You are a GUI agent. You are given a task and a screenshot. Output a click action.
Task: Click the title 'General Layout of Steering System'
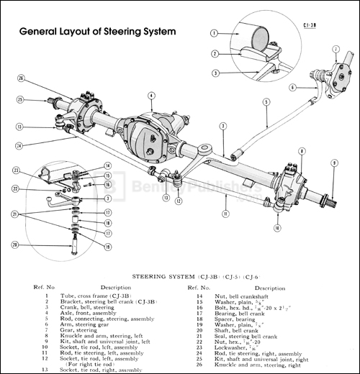(x=98, y=32)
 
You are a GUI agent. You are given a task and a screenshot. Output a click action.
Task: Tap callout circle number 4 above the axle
(x=151, y=96)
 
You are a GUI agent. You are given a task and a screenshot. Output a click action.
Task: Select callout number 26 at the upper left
(x=20, y=78)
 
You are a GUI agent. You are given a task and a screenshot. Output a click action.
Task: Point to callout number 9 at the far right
(x=334, y=164)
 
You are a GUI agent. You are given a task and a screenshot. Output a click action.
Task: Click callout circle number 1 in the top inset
(x=214, y=33)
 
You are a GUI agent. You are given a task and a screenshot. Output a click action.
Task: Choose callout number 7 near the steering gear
(x=336, y=49)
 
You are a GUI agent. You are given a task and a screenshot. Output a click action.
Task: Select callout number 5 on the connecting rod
(x=266, y=101)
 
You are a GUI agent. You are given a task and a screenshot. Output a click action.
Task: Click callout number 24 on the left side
(x=19, y=145)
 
